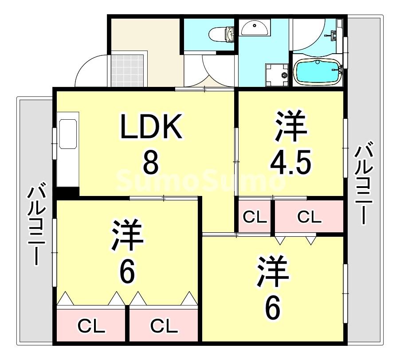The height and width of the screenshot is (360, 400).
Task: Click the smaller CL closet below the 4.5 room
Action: click(x=255, y=217)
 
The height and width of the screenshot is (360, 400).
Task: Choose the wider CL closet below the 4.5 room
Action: click(x=309, y=217)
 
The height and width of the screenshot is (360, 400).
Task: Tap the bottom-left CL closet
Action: click(x=91, y=326)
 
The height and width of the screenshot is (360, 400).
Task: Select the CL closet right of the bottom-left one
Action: click(x=164, y=326)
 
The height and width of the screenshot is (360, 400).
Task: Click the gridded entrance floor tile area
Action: click(x=128, y=69)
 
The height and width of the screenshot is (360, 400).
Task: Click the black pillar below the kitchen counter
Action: click(x=67, y=192)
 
